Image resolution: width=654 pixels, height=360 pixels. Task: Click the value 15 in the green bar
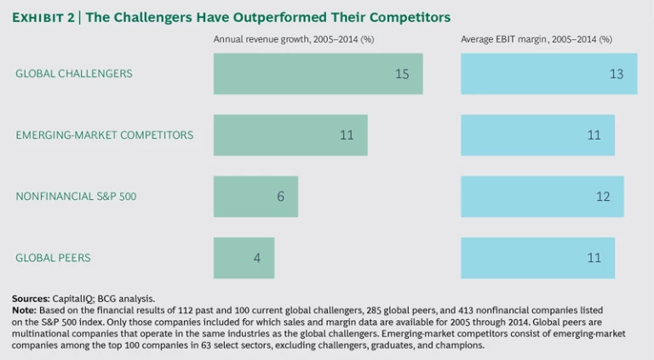click(402, 74)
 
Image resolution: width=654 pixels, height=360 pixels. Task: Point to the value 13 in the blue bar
click(616, 74)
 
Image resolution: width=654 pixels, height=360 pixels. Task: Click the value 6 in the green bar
click(280, 197)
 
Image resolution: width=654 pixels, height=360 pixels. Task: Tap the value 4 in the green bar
click(257, 258)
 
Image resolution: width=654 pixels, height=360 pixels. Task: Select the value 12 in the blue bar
click(603, 197)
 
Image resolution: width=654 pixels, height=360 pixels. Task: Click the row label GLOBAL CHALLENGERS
click(74, 74)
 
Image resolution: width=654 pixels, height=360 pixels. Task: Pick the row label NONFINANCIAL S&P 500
click(76, 197)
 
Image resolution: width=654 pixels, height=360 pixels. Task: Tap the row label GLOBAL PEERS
click(53, 258)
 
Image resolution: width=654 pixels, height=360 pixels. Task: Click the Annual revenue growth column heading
click(294, 39)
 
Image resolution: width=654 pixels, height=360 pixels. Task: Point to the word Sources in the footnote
click(30, 298)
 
